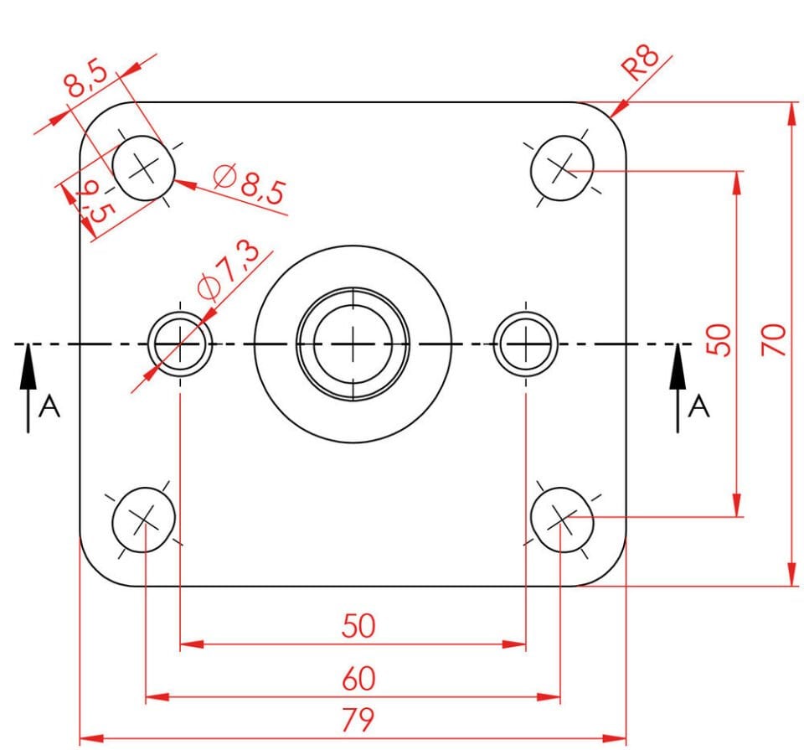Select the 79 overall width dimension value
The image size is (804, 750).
click(x=358, y=720)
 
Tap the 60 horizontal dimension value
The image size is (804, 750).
click(x=358, y=678)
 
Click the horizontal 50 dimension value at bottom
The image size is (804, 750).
click(x=358, y=626)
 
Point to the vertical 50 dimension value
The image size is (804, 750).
click(x=719, y=339)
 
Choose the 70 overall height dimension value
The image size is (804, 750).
click(x=774, y=339)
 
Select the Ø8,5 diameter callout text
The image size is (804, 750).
click(x=250, y=185)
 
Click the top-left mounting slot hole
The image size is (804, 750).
click(x=144, y=168)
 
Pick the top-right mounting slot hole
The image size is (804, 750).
click(x=562, y=168)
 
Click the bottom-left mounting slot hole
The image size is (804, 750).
click(x=144, y=520)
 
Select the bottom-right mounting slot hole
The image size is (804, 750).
click(x=562, y=520)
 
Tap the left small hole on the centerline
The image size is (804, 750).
click(x=180, y=344)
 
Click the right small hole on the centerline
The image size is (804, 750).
click(x=525, y=344)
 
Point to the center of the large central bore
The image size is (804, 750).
click(x=353, y=344)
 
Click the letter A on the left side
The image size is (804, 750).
click(x=50, y=407)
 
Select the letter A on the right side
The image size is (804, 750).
click(x=698, y=407)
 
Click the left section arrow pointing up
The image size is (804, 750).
click(x=28, y=385)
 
